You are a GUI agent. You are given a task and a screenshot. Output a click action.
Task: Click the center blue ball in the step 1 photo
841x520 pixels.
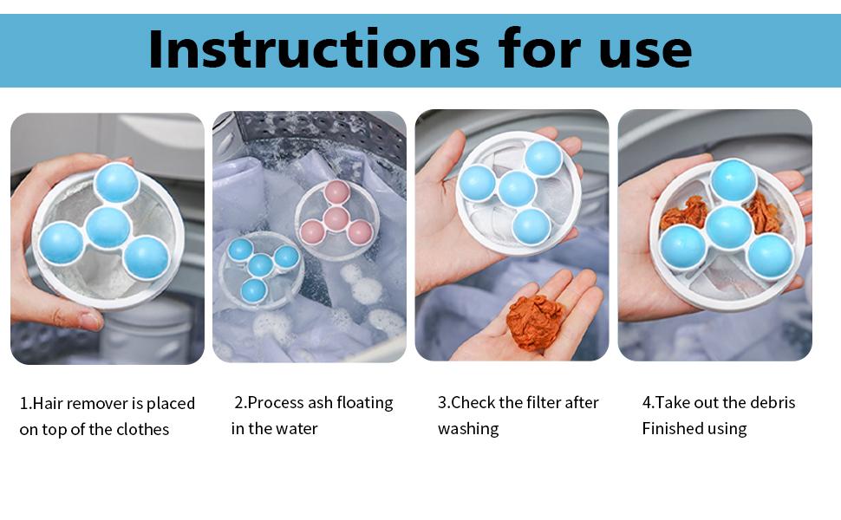tap(108, 228)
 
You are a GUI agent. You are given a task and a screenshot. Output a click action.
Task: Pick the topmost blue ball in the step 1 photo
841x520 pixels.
tap(115, 182)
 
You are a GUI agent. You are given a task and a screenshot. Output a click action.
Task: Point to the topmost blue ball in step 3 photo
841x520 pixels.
tap(543, 158)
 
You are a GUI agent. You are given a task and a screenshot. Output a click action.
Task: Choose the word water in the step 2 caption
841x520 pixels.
tap(297, 428)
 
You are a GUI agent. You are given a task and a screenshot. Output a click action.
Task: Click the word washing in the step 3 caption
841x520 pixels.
tap(468, 428)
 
